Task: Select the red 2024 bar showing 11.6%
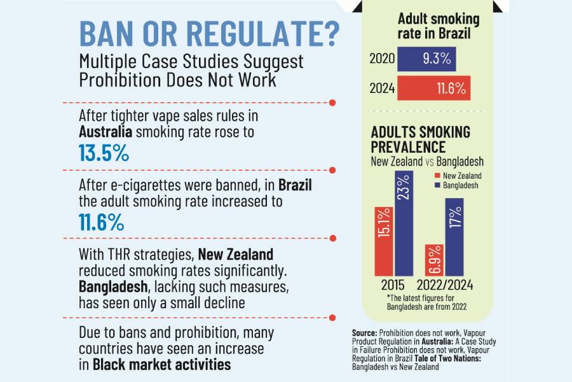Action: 434,88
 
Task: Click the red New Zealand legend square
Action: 438,176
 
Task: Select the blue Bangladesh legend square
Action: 438,185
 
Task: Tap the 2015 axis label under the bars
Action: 394,283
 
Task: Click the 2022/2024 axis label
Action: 446,283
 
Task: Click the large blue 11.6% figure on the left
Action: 102,223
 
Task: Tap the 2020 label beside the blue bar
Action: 383,60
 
